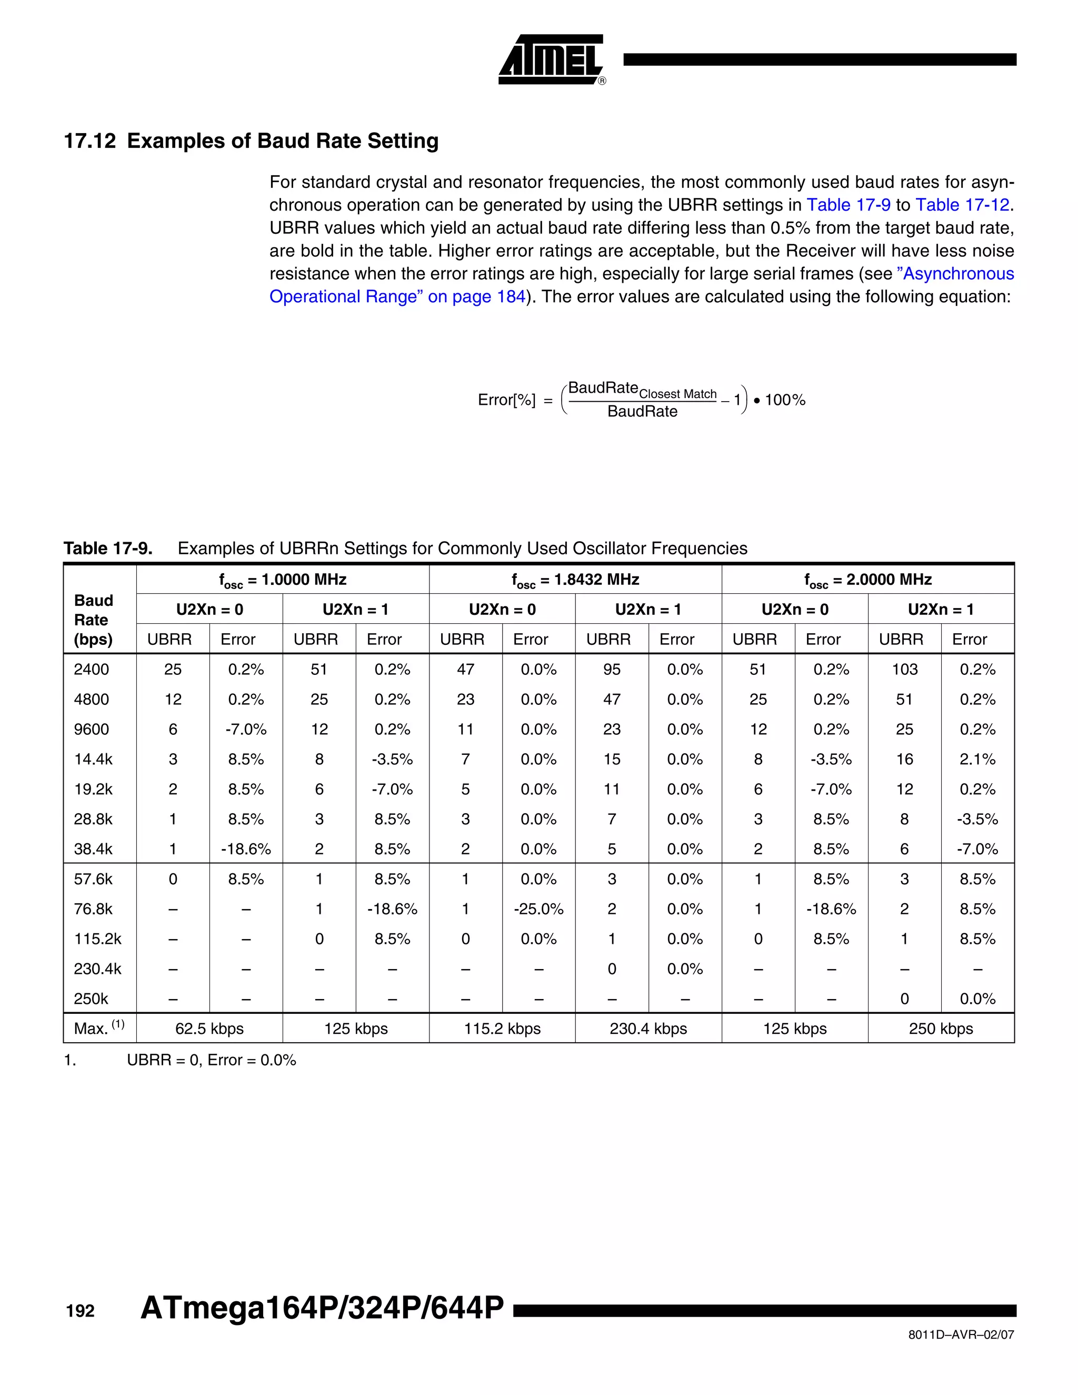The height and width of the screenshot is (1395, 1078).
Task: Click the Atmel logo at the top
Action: (551, 59)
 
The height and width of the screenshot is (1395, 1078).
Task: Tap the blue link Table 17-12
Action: (962, 205)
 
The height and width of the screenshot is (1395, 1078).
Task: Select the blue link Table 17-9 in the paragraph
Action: (848, 205)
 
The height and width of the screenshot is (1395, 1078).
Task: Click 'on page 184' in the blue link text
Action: (476, 297)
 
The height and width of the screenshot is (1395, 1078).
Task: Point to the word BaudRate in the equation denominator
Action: (642, 411)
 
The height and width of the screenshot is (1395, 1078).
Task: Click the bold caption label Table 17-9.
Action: (107, 548)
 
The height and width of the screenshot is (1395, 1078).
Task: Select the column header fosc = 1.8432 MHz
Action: (575, 580)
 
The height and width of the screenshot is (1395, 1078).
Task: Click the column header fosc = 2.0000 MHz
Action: (867, 580)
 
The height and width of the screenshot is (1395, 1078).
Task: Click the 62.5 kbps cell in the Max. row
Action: (209, 1029)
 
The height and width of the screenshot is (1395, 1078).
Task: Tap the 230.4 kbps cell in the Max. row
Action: (647, 1029)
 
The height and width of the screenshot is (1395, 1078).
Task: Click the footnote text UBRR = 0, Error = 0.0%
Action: (212, 1060)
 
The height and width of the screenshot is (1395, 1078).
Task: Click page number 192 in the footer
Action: (80, 1311)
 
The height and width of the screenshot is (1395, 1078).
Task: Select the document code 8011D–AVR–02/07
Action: (961, 1335)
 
